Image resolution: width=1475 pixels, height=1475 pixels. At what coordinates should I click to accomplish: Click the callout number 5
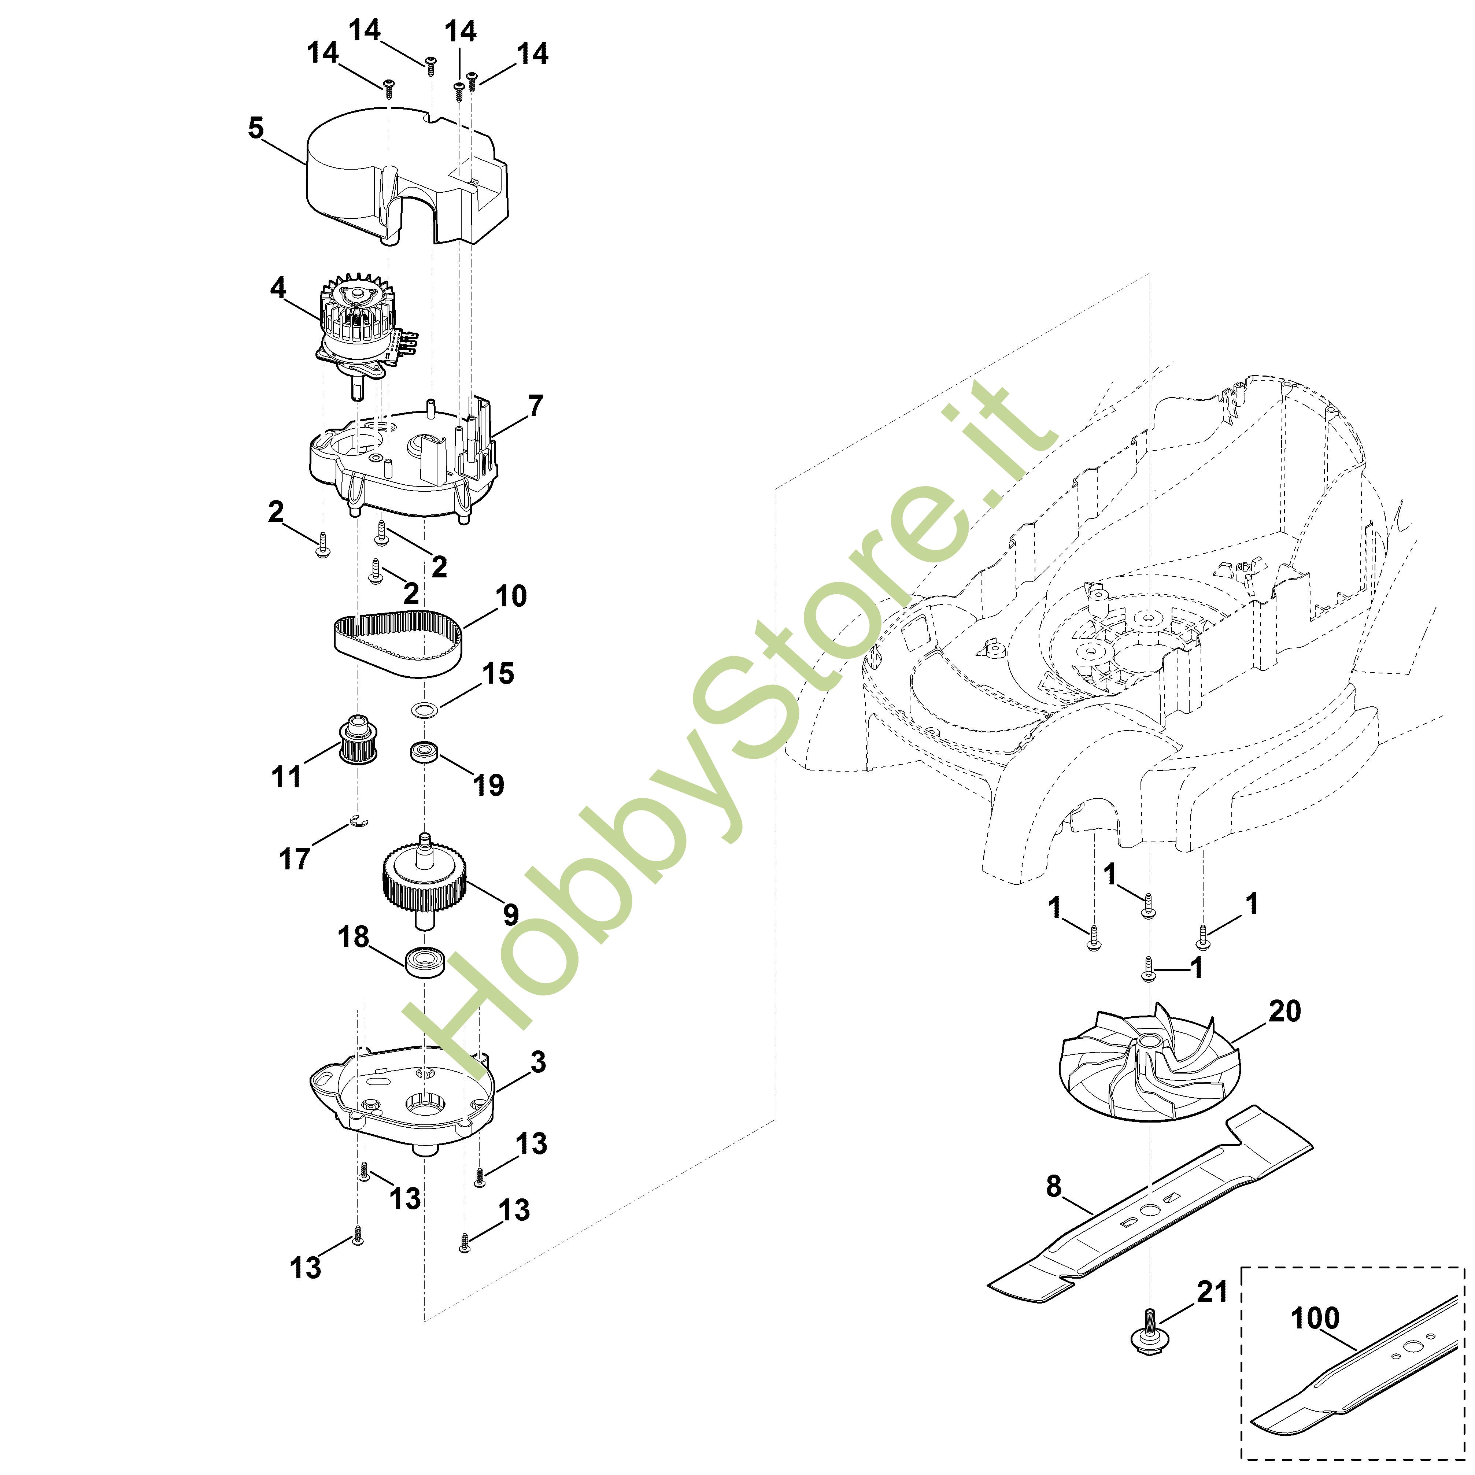pyautogui.click(x=256, y=128)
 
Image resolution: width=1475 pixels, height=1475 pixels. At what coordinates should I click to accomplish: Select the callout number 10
pyautogui.click(x=511, y=596)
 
